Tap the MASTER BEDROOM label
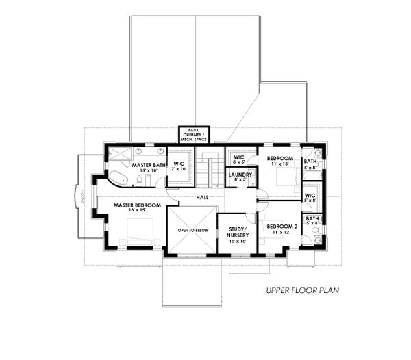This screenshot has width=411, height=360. pyautogui.click(x=138, y=205)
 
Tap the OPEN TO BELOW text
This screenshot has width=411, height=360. pyautogui.click(x=192, y=231)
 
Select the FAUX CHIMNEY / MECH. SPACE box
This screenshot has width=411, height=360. pyautogui.click(x=194, y=135)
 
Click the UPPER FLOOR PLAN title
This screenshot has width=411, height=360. pyautogui.click(x=303, y=291)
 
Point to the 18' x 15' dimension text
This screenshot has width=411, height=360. pyautogui.click(x=138, y=212)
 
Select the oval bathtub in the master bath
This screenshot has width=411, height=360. pyautogui.click(x=118, y=179)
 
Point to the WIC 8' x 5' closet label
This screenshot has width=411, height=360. pyautogui.click(x=238, y=157)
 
